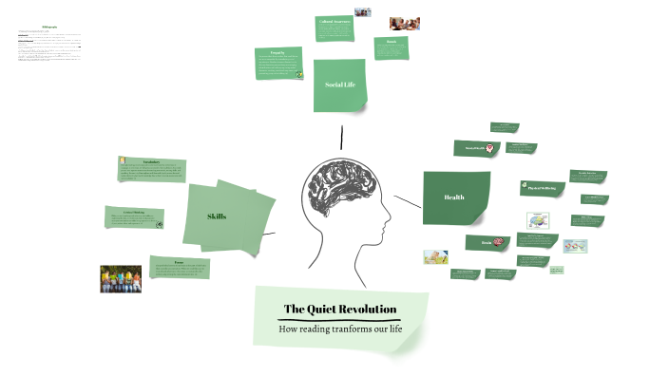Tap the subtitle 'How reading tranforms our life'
pyautogui.click(x=339, y=329)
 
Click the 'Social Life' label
pyautogui.click(x=340, y=85)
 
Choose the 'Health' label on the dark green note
pyautogui.click(x=454, y=197)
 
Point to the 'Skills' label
pyautogui.click(x=217, y=216)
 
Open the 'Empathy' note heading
pyautogui.click(x=277, y=52)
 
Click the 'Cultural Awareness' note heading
pyautogui.click(x=334, y=22)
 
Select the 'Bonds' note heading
pyautogui.click(x=391, y=42)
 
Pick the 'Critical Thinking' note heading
pyautogui.click(x=134, y=212)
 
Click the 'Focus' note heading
pyautogui.click(x=179, y=259)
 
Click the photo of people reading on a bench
pyautogui.click(x=121, y=277)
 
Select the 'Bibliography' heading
pyautogui.click(x=49, y=27)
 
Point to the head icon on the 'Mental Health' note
pyautogui.click(x=490, y=149)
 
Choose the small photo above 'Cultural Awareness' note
pyautogui.click(x=361, y=12)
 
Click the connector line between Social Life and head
pyautogui.click(x=340, y=137)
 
